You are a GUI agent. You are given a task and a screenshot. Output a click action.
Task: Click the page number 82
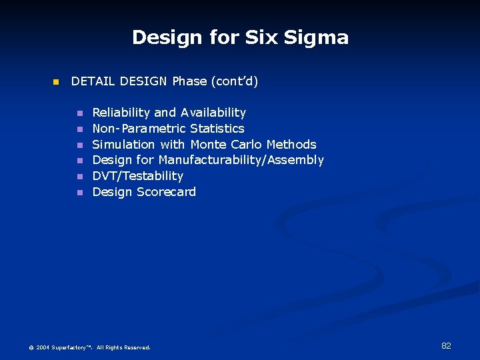pos(446,345)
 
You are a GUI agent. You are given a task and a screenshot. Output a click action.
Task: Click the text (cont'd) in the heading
pos(234,81)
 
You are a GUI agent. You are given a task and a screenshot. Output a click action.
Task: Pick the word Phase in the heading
pos(189,81)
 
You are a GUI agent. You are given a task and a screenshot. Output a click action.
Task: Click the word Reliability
pos(121,113)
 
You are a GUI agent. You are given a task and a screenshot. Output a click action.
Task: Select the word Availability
pos(213,113)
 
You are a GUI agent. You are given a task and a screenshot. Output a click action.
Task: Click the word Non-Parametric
pos(139,129)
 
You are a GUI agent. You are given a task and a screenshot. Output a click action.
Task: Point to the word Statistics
pos(217,129)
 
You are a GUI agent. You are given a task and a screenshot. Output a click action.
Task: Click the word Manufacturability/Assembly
pos(241,160)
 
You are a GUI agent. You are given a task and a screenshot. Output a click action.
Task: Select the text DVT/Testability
pos(137,176)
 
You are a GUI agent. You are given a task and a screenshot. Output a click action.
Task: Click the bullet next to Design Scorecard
pos(79,193)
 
